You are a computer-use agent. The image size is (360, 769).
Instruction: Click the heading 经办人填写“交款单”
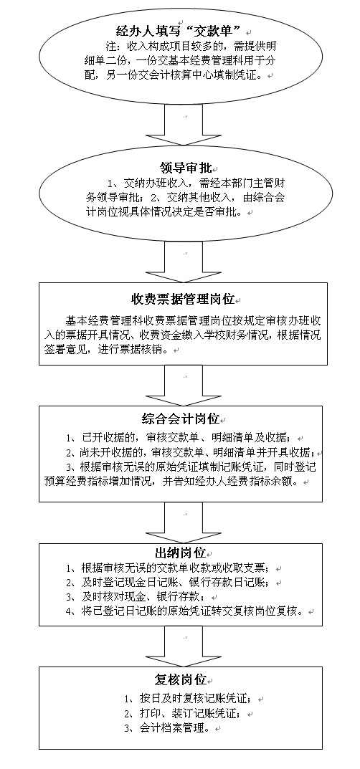181,32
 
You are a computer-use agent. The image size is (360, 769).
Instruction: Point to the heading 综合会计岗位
181,419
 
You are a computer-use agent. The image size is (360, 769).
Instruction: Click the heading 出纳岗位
180,553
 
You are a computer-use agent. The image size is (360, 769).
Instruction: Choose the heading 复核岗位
180,680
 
